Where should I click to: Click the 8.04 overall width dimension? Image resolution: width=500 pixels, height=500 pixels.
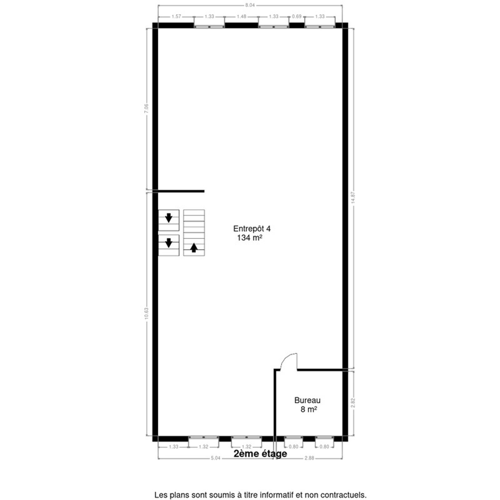point(250,5)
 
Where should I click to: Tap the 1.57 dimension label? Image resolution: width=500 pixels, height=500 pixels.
point(176,17)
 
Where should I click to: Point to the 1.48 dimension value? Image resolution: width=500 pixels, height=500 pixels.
point(241,17)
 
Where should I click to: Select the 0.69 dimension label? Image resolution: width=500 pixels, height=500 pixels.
point(297,17)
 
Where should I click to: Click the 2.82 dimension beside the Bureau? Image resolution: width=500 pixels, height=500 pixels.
point(353,402)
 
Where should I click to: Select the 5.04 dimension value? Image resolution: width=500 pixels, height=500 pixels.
point(215,458)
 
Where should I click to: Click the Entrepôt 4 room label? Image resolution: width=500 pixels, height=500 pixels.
point(252,229)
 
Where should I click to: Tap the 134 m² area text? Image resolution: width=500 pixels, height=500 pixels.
point(250,238)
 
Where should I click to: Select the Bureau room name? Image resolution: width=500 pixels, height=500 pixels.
point(307,400)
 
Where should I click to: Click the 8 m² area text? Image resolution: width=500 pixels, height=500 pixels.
point(309,410)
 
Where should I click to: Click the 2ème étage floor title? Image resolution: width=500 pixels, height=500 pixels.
point(260,453)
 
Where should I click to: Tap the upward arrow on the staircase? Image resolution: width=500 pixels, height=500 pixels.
point(194,248)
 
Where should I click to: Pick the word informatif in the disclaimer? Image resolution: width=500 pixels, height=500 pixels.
point(275,495)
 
